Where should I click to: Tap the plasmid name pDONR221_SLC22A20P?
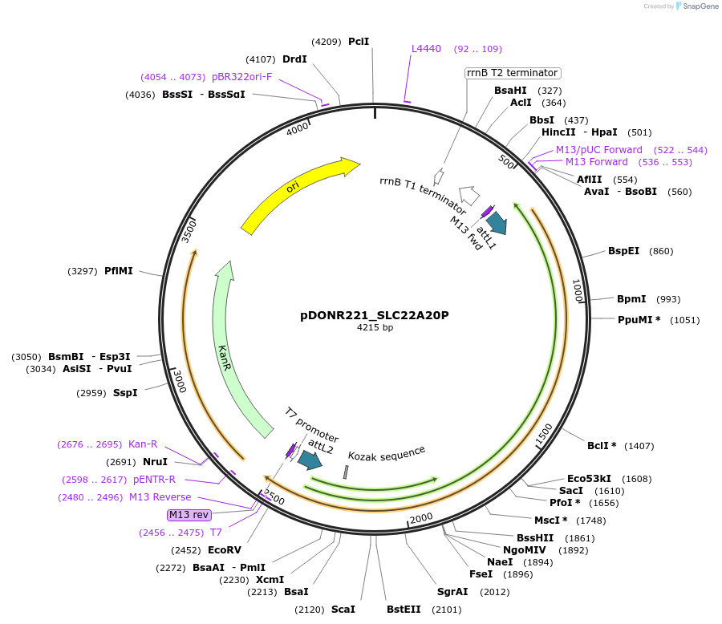pyautogui.click(x=375, y=315)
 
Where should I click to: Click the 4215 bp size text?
pyautogui.click(x=375, y=327)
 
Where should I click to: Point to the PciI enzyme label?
pyautogui.click(x=359, y=41)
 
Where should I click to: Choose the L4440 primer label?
pyautogui.click(x=426, y=49)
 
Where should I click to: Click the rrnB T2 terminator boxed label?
pyautogui.click(x=512, y=73)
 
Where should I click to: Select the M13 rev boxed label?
pyautogui.click(x=188, y=514)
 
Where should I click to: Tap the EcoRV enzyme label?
pyautogui.click(x=224, y=550)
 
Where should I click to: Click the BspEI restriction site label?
pyautogui.click(x=623, y=251)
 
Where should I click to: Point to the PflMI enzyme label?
pyautogui.click(x=119, y=271)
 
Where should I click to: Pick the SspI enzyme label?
pyautogui.click(x=125, y=393)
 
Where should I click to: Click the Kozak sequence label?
pyautogui.click(x=387, y=452)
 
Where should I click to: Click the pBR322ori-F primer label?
pyautogui.click(x=241, y=77)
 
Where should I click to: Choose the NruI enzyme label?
pyautogui.click(x=155, y=462)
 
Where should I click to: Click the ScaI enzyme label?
pyautogui.click(x=343, y=610)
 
